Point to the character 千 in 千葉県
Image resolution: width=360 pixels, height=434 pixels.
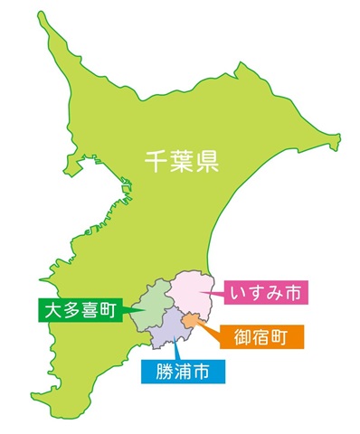pyautogui.click(x=156, y=161)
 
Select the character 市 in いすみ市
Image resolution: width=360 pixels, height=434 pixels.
pyautogui.click(x=296, y=292)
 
